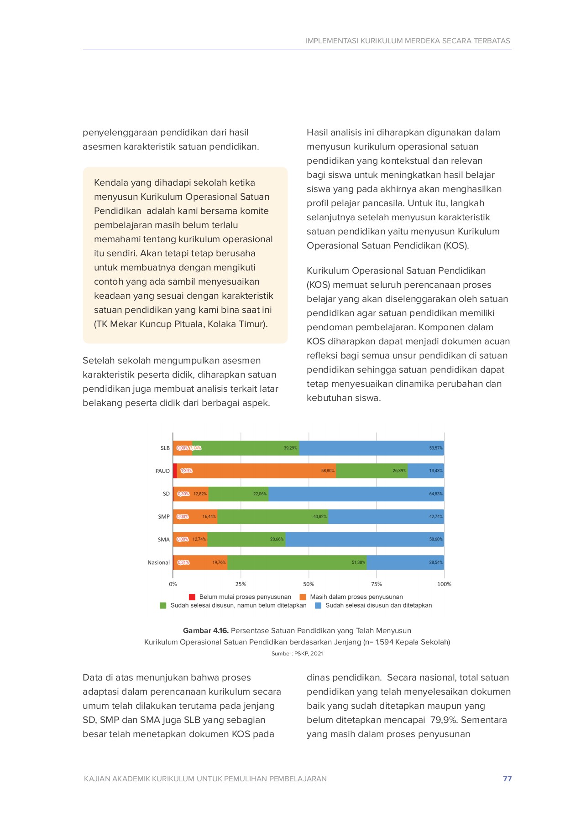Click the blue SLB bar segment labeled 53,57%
pos(371,448)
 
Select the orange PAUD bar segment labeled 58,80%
pos(256,471)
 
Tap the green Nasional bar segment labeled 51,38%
pos(297,562)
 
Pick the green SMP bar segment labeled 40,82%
pos(272,516)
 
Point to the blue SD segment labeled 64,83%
pos(356,494)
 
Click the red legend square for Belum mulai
pos(192,597)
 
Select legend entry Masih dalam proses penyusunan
pos(356,597)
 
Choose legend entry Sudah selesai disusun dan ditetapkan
pos(378,605)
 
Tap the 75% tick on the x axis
pos(376,584)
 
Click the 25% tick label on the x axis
pos(241,584)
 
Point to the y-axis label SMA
pos(163,540)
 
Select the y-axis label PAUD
pos(162,471)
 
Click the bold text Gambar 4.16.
pos(205,630)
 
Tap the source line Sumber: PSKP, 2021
pos(297,653)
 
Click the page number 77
pos(507,779)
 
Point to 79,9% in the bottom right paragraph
pos(444,720)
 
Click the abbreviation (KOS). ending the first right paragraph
pos(455,245)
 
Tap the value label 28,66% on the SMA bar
pos(277,539)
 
